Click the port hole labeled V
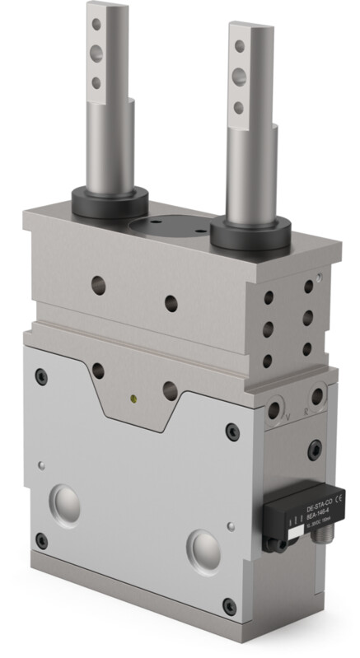tap(274, 411)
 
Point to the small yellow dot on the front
tap(133, 399)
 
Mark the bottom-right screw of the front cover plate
tap(229, 606)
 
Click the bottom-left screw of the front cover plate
tap(42, 540)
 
